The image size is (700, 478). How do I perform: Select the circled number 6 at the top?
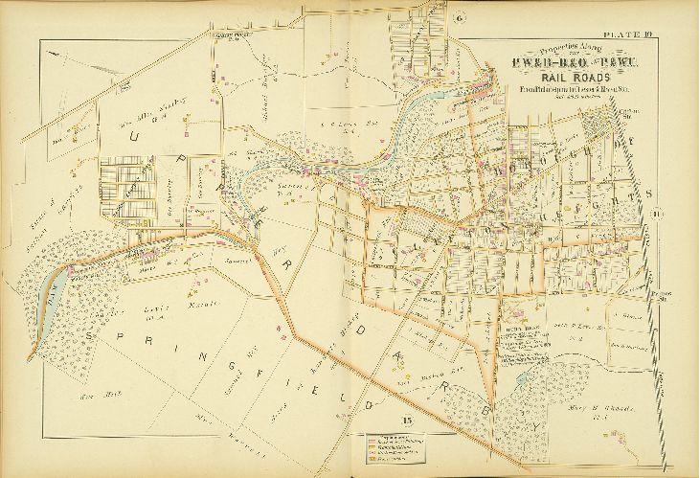coord(460,17)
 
